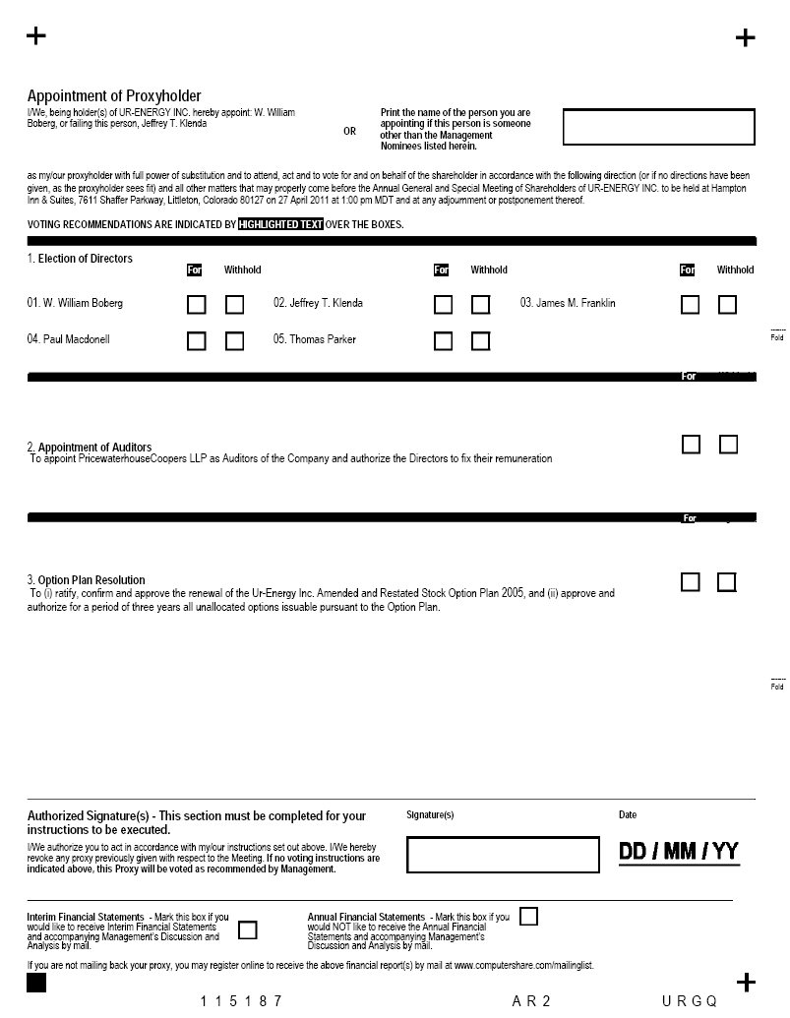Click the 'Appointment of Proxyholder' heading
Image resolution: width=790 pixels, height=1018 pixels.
[x=114, y=96]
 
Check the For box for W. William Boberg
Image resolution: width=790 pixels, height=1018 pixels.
[x=197, y=305]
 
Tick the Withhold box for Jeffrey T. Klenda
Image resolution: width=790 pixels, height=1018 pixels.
[x=480, y=305]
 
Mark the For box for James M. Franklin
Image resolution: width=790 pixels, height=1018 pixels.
[x=691, y=305]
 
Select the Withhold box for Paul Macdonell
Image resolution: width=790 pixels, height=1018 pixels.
[x=234, y=341]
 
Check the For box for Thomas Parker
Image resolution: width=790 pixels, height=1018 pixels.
[x=444, y=341]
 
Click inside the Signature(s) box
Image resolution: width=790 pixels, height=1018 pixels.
[x=503, y=854]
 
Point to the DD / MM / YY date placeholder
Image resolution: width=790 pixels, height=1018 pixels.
[x=679, y=852]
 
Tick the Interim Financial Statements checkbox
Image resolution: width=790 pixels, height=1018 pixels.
[x=248, y=929]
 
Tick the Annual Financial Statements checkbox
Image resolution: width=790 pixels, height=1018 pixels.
[x=528, y=917]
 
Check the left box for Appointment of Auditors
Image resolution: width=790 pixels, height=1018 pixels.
[x=691, y=445]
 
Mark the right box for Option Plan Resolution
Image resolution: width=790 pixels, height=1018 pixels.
[x=727, y=582]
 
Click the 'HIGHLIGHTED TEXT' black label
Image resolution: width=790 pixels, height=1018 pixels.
[x=280, y=224]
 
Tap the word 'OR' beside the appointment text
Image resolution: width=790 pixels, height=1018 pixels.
[x=350, y=131]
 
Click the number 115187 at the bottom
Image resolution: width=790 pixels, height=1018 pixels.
[x=241, y=1001]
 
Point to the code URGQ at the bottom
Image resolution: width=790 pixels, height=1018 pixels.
[x=690, y=1001]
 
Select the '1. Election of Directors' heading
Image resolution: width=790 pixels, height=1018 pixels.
[x=80, y=259]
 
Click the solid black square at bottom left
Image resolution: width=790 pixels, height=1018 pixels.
[x=36, y=983]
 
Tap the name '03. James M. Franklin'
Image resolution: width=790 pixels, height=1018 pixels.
[x=568, y=303]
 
